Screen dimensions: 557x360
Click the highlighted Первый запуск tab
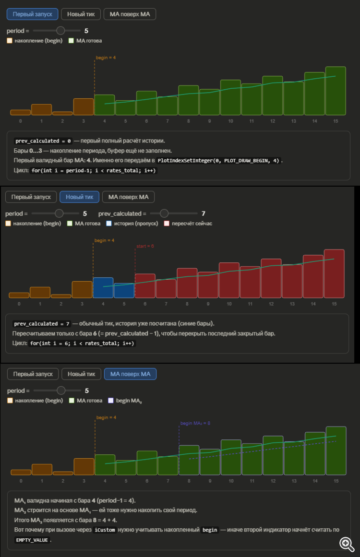click(33, 14)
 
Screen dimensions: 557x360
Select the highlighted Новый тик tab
click(79, 197)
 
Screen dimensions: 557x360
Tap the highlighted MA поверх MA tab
click(130, 374)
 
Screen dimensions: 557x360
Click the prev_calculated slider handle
click(164, 213)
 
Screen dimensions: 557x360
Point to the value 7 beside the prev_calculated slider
click(204, 213)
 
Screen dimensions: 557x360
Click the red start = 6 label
click(145, 246)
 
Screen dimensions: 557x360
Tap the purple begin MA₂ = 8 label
click(195, 423)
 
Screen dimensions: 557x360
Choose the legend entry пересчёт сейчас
click(188, 224)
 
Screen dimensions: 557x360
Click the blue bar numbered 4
click(103, 287)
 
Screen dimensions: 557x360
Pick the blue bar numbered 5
click(124, 290)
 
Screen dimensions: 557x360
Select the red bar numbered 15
click(334, 273)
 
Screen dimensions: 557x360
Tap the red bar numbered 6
click(145, 285)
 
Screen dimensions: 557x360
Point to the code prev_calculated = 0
click(43, 141)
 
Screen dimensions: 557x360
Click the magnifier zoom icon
click(347, 543)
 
